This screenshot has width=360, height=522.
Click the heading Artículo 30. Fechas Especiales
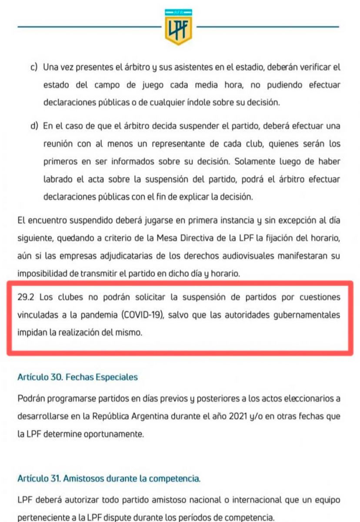click(77, 377)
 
